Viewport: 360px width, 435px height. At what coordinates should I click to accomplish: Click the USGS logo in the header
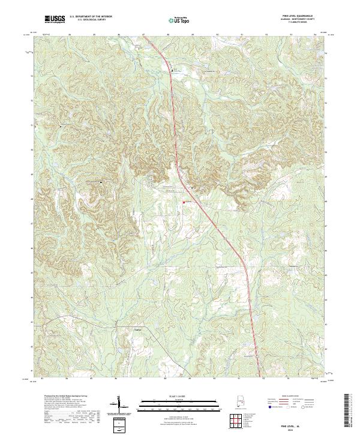[55, 19]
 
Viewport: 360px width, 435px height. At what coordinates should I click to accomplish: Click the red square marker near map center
[184, 202]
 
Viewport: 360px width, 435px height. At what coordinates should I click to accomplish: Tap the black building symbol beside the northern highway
[172, 70]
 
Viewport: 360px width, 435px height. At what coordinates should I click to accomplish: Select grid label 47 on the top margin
[143, 35]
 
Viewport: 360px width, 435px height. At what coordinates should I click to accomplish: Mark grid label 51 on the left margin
[31, 125]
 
